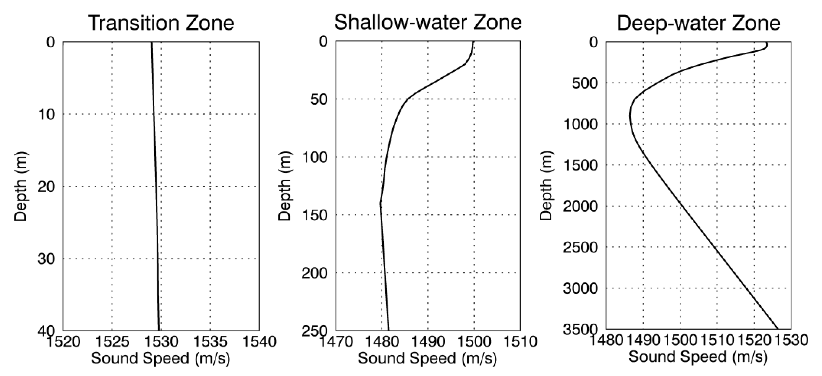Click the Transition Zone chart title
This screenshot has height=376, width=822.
pyautogui.click(x=161, y=23)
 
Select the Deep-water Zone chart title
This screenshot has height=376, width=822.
pyautogui.click(x=698, y=23)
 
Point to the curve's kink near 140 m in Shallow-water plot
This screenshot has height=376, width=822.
pyautogui.click(x=380, y=203)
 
